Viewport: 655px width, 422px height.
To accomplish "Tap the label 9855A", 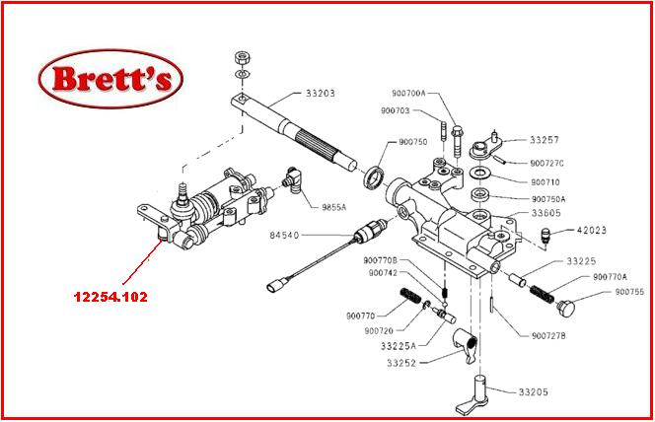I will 335,207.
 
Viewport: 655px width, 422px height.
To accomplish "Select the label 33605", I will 547,213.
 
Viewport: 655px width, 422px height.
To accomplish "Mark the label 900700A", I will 405,93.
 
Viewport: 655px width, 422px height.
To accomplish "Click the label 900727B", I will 547,335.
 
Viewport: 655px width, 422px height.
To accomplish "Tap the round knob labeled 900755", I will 566,309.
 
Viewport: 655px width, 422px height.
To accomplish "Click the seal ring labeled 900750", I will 374,178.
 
